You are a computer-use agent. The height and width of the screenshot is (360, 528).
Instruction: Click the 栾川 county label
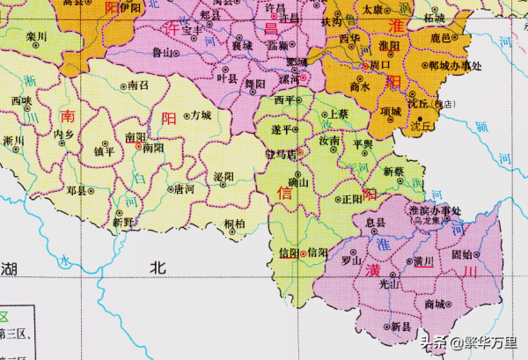point(35,37)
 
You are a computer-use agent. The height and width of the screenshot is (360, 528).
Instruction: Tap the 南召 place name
point(138,86)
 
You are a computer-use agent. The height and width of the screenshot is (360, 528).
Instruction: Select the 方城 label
point(200,115)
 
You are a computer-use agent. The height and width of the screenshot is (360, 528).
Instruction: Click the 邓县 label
point(76,189)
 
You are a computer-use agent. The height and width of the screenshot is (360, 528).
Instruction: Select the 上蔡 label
point(338,114)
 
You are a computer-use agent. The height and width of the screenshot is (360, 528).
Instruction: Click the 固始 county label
point(463,254)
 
